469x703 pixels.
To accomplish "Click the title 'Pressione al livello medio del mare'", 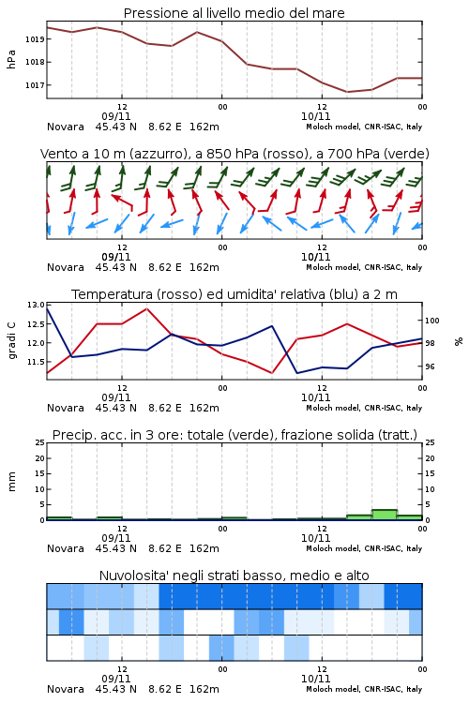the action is pyautogui.click(x=234, y=13).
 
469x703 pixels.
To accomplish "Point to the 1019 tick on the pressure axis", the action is pyautogui.click(x=35, y=39).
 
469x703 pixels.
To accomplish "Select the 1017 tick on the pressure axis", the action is pyautogui.click(x=35, y=85).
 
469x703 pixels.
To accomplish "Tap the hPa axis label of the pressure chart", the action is pyautogui.click(x=11, y=59).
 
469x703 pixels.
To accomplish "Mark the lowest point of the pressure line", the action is pyautogui.click(x=347, y=92).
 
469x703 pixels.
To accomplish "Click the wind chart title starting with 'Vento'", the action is pyautogui.click(x=234, y=154).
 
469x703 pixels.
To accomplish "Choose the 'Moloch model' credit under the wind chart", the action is pyautogui.click(x=364, y=267).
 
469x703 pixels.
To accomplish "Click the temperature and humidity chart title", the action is pyautogui.click(x=234, y=294).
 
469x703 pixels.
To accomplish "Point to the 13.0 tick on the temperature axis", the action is pyautogui.click(x=36, y=305).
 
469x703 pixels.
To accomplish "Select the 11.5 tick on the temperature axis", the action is pyautogui.click(x=36, y=362).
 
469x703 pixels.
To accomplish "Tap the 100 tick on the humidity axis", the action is pyautogui.click(x=432, y=321).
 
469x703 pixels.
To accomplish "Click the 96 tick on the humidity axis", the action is pyautogui.click(x=430, y=366).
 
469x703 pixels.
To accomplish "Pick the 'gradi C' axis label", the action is pyautogui.click(x=11, y=341).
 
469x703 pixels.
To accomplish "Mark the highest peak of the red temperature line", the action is pyautogui.click(x=146, y=308).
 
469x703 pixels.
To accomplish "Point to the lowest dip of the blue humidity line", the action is pyautogui.click(x=297, y=373).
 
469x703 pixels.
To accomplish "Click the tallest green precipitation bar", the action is pyautogui.click(x=385, y=515).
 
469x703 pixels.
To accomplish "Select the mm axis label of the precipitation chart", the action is pyautogui.click(x=11, y=482).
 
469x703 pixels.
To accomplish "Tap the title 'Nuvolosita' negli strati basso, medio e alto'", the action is pyautogui.click(x=234, y=576).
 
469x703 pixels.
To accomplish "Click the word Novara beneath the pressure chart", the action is pyautogui.click(x=66, y=127).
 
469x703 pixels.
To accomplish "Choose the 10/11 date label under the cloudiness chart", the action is pyautogui.click(x=315, y=679).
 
